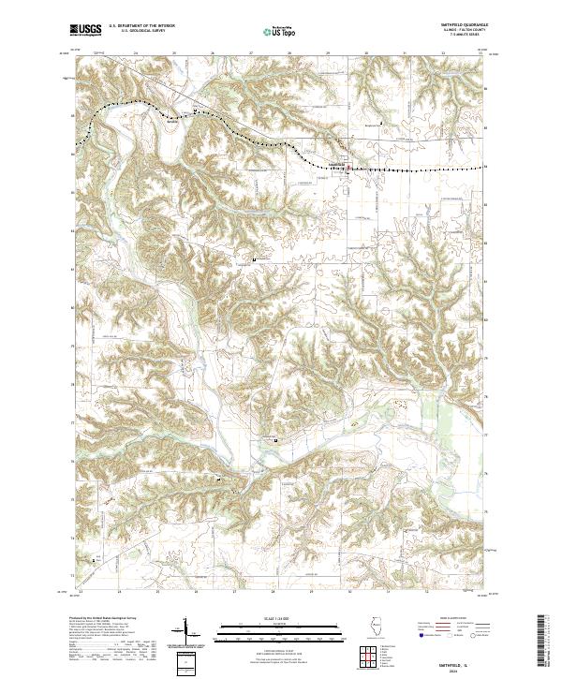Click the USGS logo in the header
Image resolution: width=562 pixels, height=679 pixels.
coord(87,31)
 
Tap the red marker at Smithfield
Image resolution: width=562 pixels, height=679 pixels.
coord(348,169)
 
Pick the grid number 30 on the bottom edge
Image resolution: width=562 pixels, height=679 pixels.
coord(349,592)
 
